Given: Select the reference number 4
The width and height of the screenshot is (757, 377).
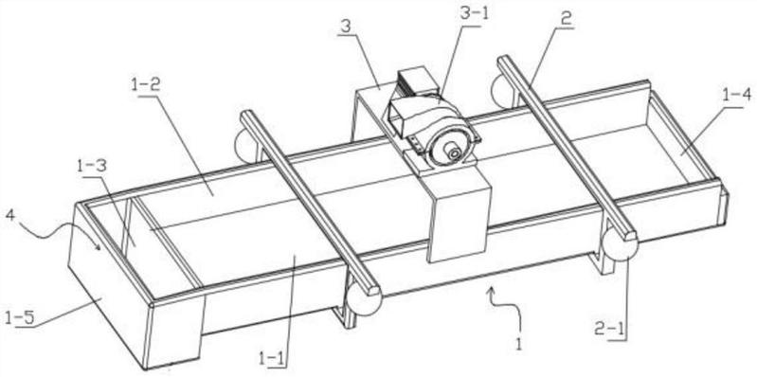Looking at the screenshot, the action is point(10,214).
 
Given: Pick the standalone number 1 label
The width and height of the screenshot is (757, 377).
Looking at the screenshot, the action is point(519,345).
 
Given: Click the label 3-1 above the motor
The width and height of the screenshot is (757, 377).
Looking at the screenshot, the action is point(475,14).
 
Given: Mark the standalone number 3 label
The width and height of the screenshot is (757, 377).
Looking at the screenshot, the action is point(345,27).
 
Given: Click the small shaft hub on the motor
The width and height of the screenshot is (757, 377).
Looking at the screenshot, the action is point(455,153).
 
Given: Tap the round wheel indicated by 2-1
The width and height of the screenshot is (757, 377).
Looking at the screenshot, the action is point(620,243).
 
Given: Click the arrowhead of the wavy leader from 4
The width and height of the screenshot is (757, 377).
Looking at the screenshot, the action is point(99,247).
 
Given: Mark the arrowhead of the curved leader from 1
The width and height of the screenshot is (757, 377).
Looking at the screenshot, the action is point(492,290).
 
